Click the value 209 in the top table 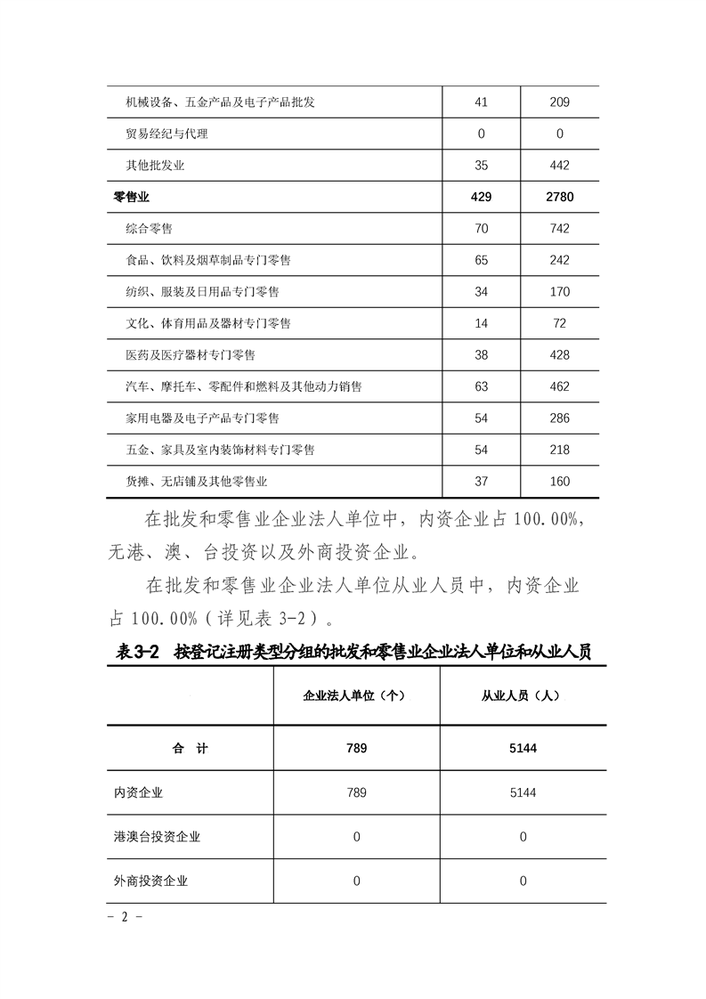(559, 102)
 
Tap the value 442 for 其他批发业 (559, 166)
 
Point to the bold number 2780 (559, 197)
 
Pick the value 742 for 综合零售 (559, 229)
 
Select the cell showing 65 (482, 260)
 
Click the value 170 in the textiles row (559, 292)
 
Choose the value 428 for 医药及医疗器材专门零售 (559, 355)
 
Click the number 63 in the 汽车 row (482, 386)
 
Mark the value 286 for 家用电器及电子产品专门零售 (559, 418)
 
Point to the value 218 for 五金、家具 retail (559, 450)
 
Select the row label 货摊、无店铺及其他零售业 (197, 482)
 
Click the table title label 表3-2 (137, 653)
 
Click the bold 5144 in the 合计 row (523, 749)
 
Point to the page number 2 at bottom (125, 917)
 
